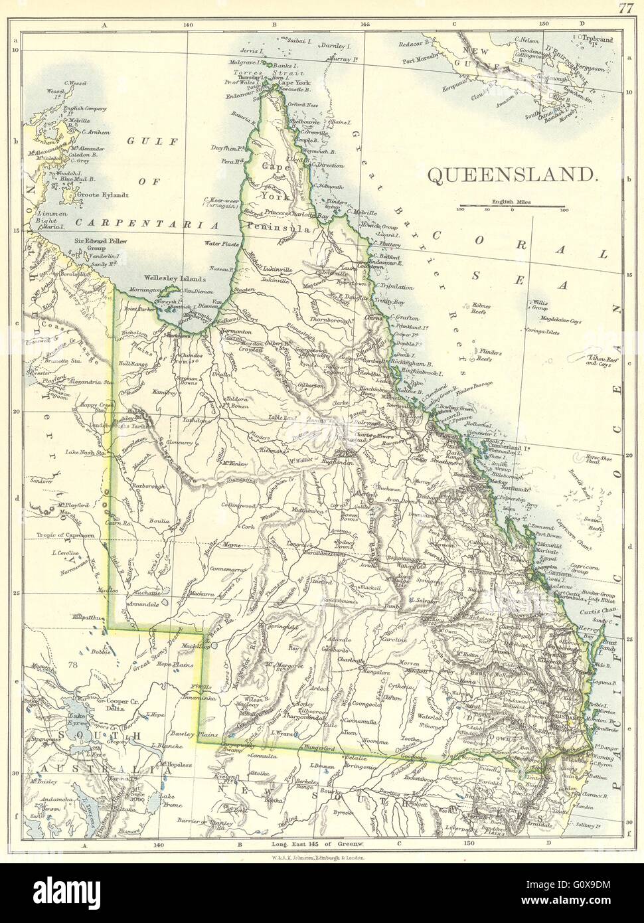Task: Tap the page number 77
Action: pos(625,9)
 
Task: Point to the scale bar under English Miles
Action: pos(512,207)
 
